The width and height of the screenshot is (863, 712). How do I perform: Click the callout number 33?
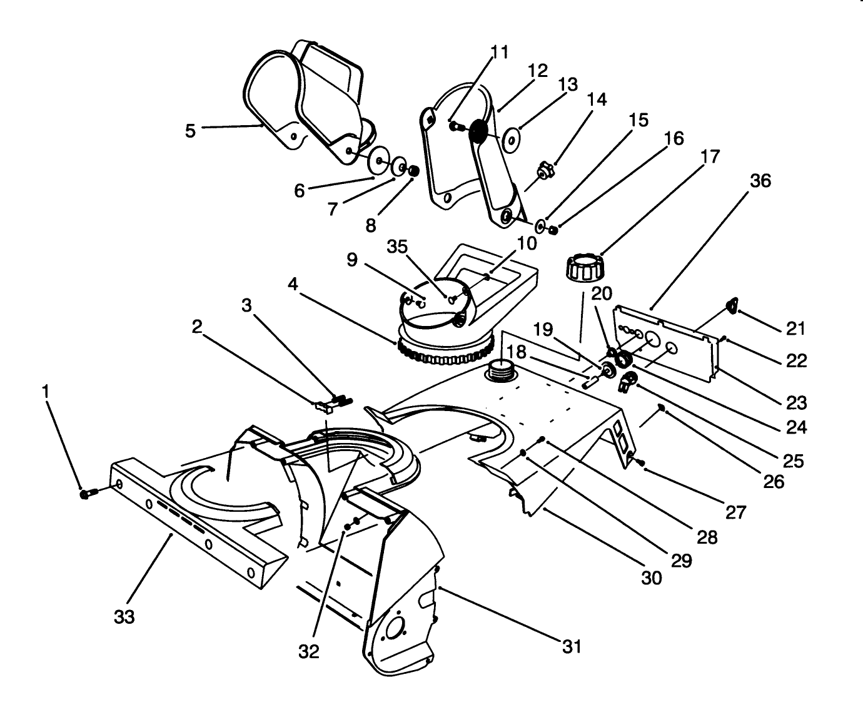coord(124,617)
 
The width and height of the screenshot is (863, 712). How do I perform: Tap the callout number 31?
coord(572,646)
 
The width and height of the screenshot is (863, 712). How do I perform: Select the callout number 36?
coord(760,181)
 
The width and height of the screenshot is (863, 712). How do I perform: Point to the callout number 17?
coord(710,156)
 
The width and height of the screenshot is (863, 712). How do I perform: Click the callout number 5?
coord(190,130)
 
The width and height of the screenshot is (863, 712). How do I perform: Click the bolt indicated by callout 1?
coord(87,494)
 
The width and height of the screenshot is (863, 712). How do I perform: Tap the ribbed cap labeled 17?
coord(584,267)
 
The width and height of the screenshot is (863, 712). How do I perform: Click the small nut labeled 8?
coord(413,170)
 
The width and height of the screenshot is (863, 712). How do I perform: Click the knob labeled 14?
coord(545,170)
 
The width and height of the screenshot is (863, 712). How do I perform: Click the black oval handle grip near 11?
coord(478,132)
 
